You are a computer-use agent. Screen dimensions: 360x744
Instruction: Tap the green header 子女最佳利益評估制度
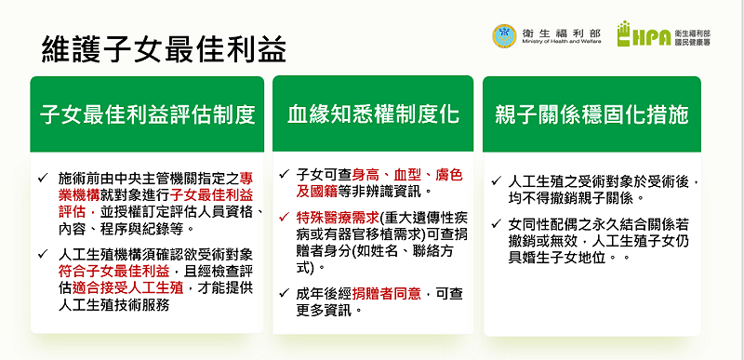pos(147,114)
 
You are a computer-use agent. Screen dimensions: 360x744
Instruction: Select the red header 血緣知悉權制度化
pos(372,114)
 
